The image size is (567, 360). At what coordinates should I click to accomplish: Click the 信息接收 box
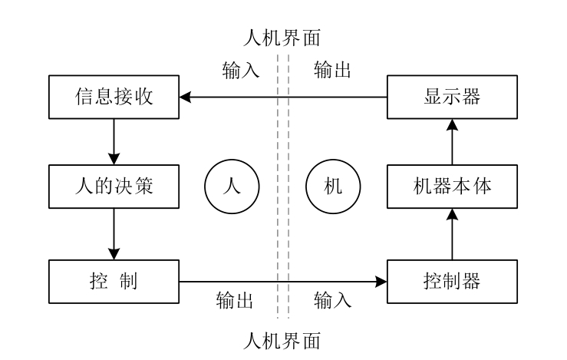coord(114,97)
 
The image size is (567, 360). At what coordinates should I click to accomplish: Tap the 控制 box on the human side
coord(114,281)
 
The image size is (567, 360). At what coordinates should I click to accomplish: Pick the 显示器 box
coord(452,97)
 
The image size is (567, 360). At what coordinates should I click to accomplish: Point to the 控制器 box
coord(452,281)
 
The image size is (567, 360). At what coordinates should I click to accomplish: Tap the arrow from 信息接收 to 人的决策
coord(114,142)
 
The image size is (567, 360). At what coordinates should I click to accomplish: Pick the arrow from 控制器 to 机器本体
coord(452,235)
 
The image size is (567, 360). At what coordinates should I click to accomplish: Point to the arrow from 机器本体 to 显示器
coord(452,143)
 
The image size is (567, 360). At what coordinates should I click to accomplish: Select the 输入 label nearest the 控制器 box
coord(333,299)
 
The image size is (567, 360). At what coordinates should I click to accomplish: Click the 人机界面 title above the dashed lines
coord(282,36)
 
